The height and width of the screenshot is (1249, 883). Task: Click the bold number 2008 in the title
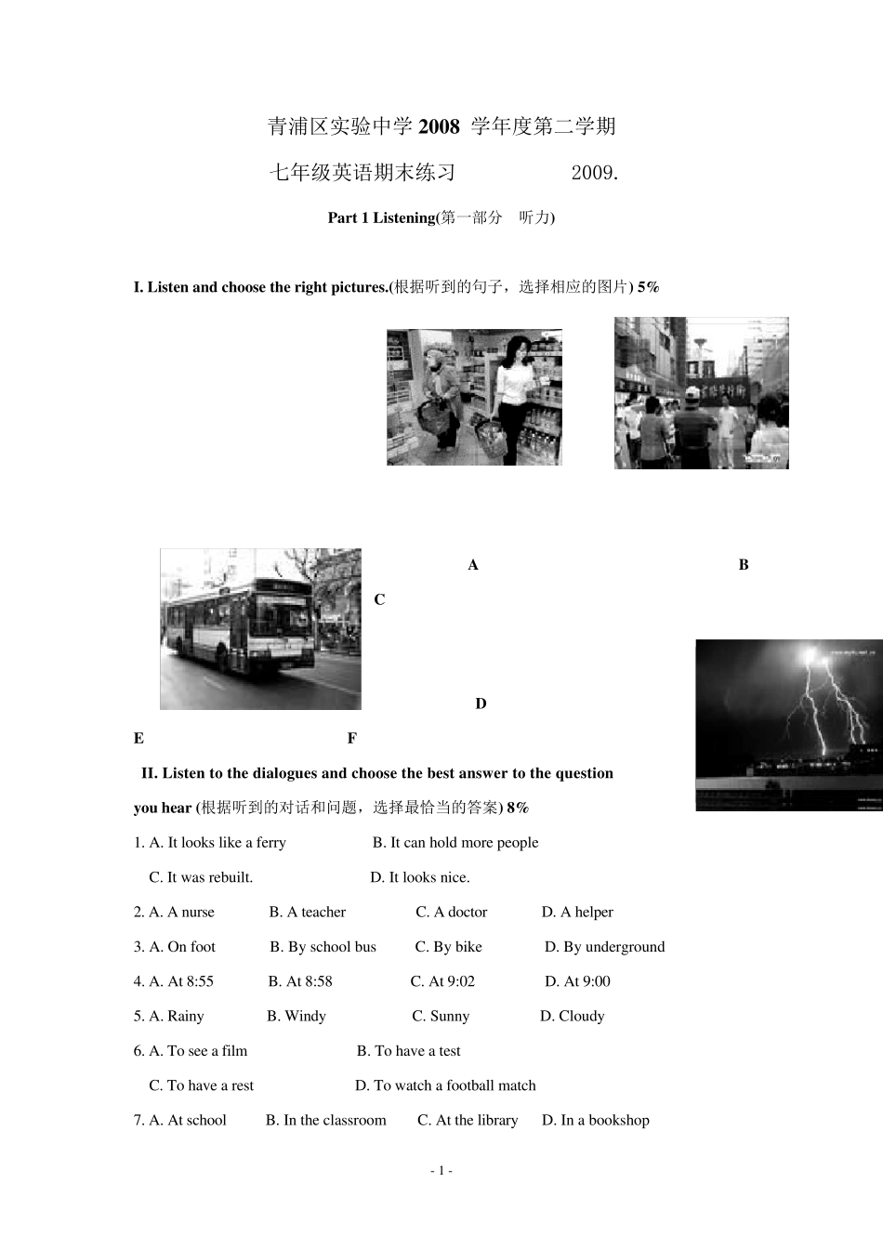tap(439, 126)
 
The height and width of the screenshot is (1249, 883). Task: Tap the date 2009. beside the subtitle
tap(595, 173)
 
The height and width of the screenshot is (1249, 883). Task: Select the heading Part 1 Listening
tap(381, 217)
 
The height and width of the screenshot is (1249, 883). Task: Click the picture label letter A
tap(473, 565)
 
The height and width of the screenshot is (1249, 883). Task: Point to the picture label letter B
tap(744, 564)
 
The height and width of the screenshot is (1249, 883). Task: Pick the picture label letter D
tap(481, 703)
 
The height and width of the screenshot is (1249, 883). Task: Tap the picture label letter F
tap(352, 738)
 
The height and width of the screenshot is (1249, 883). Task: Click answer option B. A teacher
tap(308, 912)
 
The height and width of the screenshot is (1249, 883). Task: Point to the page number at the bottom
tap(441, 1171)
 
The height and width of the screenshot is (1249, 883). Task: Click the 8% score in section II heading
tap(518, 808)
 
